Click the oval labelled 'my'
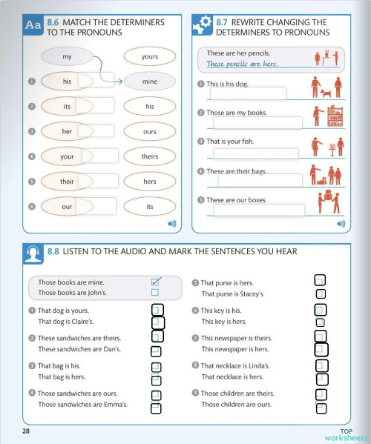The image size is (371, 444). (x=67, y=57)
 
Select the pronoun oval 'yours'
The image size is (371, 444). (x=149, y=56)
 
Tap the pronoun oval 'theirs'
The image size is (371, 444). (x=149, y=156)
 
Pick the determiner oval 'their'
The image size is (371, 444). (x=67, y=181)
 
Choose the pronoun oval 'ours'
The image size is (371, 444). (x=149, y=131)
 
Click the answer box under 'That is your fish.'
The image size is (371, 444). (x=256, y=153)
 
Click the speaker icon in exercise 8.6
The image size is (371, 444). (x=171, y=222)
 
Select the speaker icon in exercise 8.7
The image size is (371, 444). (x=341, y=222)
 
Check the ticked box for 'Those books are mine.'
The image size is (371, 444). (x=156, y=282)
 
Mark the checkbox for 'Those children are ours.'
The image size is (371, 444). (x=321, y=405)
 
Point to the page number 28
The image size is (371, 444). (x=26, y=431)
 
